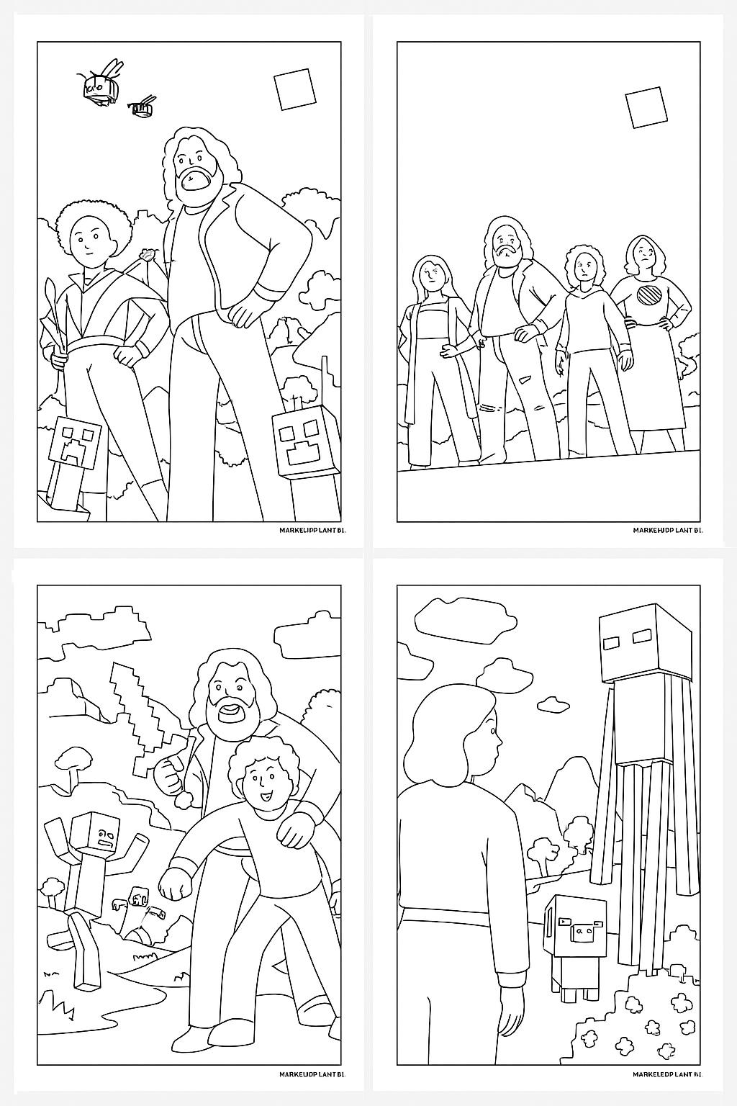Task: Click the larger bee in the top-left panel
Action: tap(100, 86)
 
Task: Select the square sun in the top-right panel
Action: tap(645, 107)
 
